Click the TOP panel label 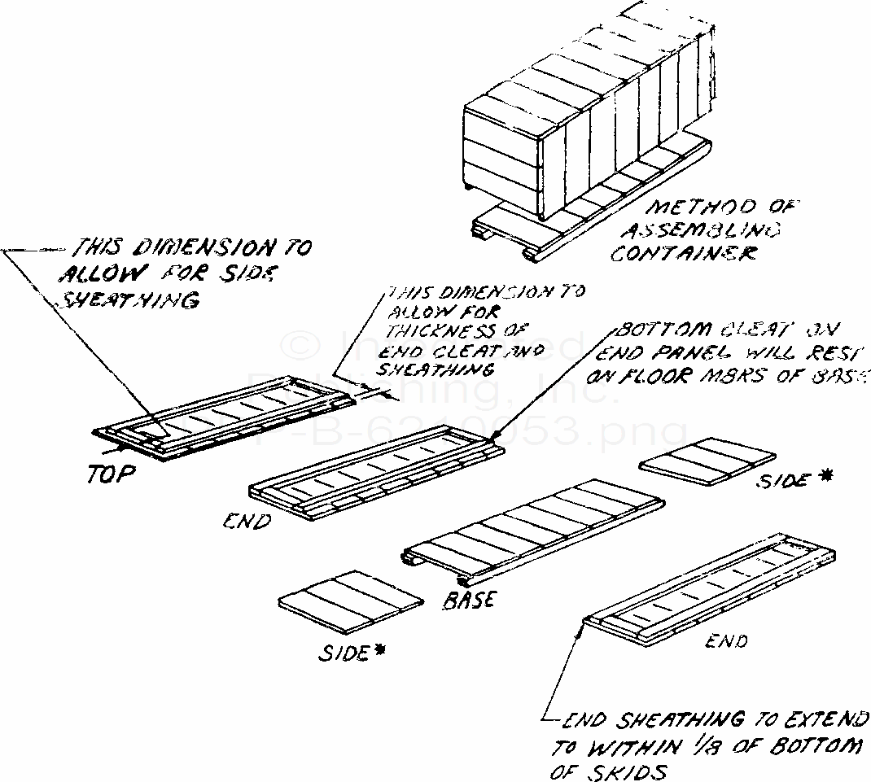[110, 474]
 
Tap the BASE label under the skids [471, 600]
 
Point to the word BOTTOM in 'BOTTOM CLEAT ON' [655, 331]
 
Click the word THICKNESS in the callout [429, 332]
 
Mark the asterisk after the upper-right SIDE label [825, 478]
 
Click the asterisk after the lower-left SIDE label [380, 650]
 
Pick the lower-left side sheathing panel [351, 601]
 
